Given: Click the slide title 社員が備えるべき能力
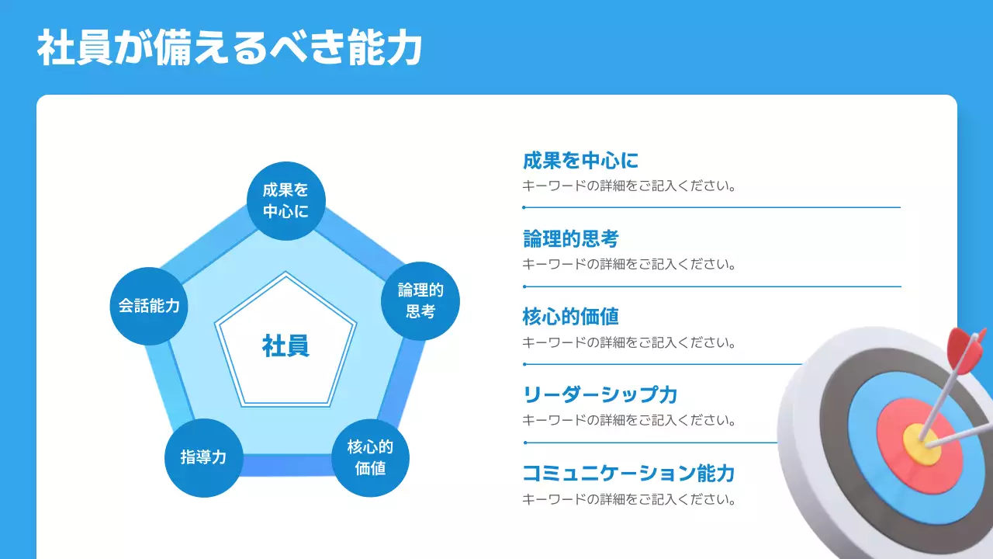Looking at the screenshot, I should tap(230, 48).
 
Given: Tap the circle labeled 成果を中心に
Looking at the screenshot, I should tap(285, 200).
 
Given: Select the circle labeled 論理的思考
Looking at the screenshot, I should tap(420, 301).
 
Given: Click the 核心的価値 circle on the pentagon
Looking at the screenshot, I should tap(370, 458).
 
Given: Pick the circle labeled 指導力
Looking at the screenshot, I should tap(204, 457).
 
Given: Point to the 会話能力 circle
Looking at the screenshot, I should tap(149, 306).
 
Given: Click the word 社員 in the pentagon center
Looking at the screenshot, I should tap(285, 345).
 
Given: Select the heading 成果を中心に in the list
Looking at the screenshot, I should tap(580, 161).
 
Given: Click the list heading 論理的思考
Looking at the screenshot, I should tap(570, 238).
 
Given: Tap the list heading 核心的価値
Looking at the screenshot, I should tap(570, 317).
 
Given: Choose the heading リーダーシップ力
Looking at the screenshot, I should tap(600, 394).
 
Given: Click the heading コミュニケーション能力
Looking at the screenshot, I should tap(628, 473).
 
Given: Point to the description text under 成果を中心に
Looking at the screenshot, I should tap(628, 186).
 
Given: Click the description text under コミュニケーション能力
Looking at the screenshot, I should tap(628, 499).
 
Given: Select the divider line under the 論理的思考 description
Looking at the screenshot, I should tap(711, 286).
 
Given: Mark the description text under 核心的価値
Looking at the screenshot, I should tap(628, 342).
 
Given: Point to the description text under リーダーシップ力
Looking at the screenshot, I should tap(628, 421).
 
